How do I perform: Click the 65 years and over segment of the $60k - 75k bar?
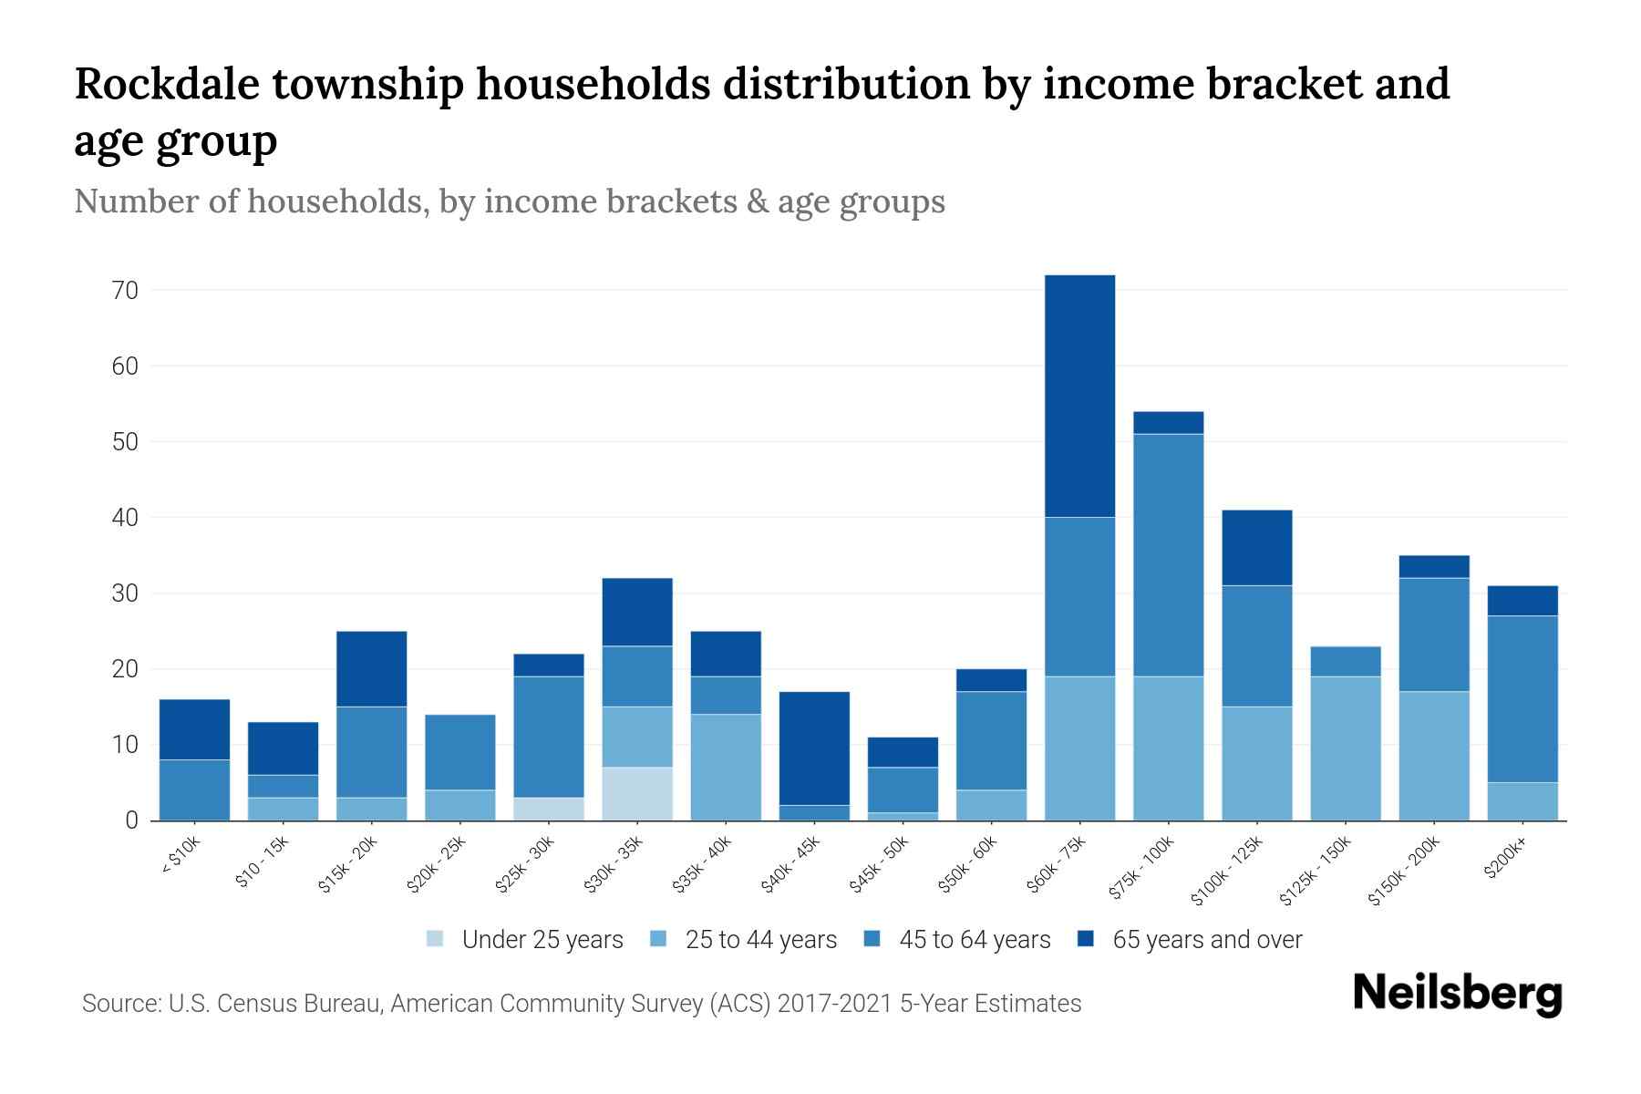(1079, 396)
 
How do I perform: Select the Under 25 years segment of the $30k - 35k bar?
(636, 793)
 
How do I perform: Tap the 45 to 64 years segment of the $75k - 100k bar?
(1168, 554)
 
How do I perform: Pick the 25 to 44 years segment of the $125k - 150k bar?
(1345, 748)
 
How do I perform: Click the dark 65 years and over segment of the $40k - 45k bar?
(814, 748)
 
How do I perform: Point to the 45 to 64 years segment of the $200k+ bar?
(1522, 698)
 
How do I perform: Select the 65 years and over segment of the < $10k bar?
(194, 729)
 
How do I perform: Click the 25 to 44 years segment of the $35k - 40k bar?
(725, 767)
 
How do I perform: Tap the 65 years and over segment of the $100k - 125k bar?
(1256, 547)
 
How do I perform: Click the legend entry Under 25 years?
(542, 940)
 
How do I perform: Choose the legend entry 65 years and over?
(1206, 940)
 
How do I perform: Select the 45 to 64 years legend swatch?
(872, 939)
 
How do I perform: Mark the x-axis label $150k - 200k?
(1404, 871)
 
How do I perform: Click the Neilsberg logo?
(1457, 994)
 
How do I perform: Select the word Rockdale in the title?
(164, 84)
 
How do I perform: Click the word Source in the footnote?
(117, 1004)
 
